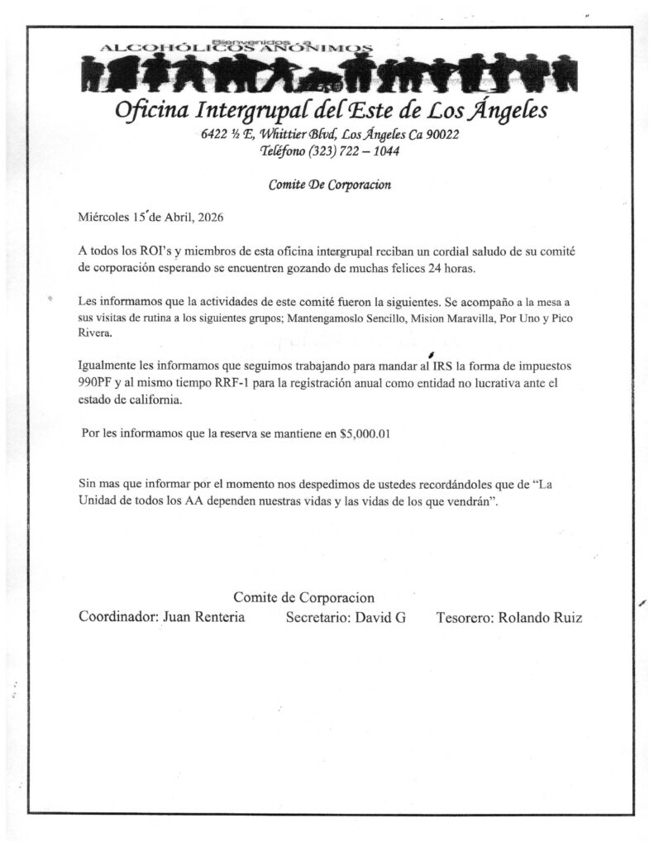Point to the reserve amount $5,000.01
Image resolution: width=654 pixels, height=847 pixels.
(x=365, y=433)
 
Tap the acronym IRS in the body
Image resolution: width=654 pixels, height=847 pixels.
(x=433, y=365)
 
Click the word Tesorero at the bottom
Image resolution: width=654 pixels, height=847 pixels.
(x=465, y=617)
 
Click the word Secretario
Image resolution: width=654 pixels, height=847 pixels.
(x=317, y=617)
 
